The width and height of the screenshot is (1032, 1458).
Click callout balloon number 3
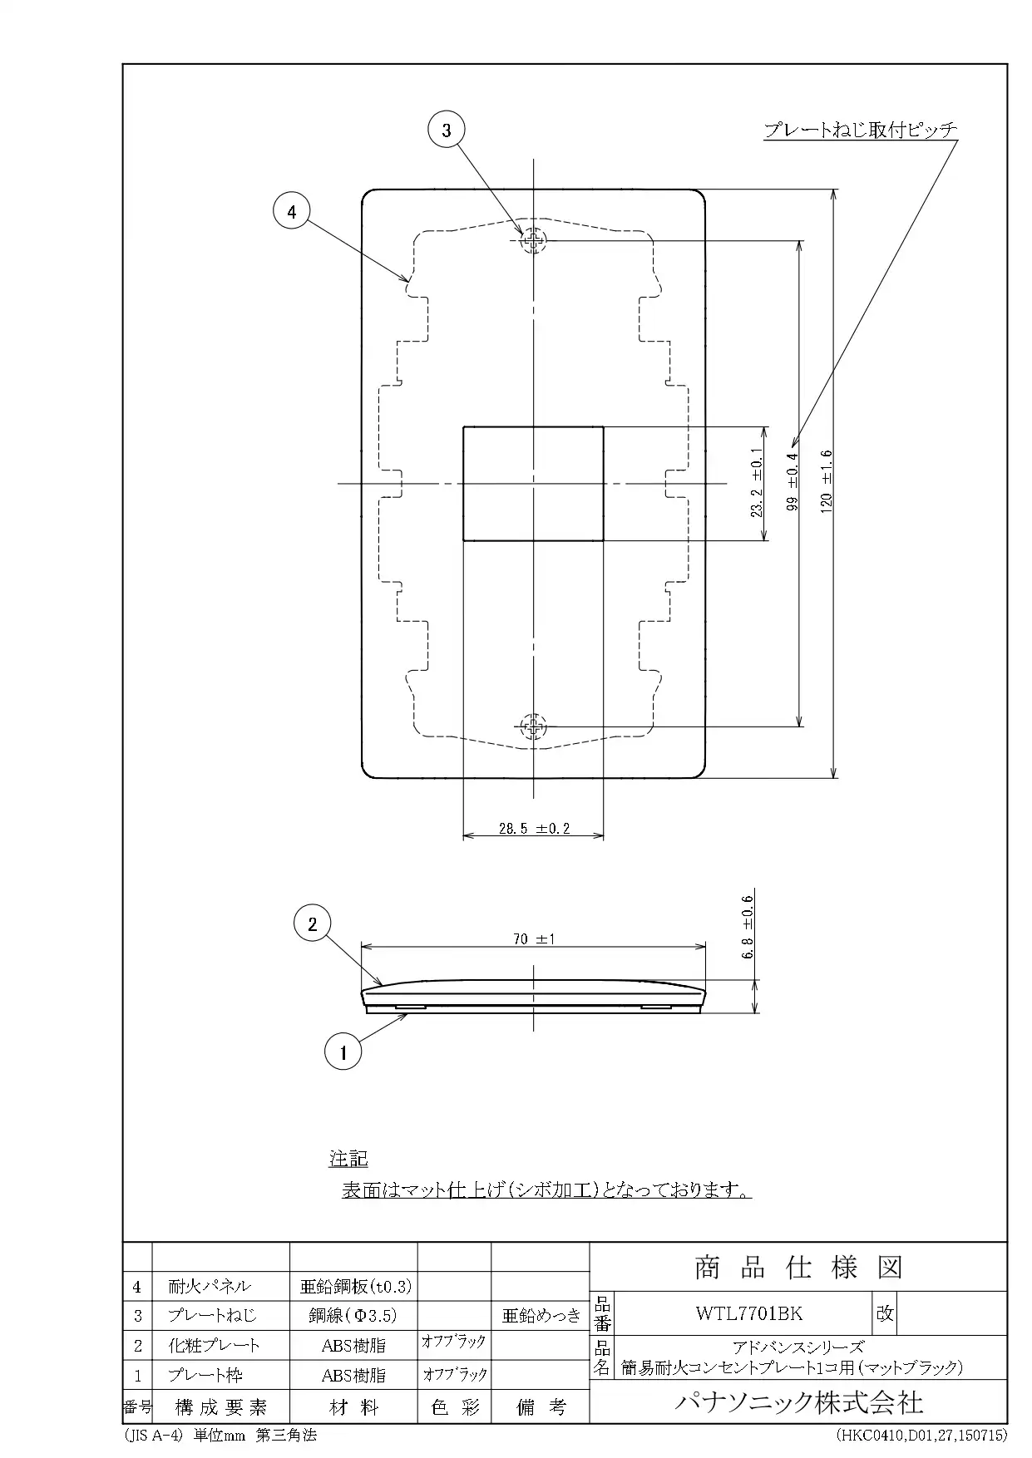pos(447,130)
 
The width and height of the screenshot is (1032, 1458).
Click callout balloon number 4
pos(291,212)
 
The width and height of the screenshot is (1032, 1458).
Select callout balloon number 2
pos(313,924)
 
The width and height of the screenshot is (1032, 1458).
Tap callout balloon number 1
pos(343,1053)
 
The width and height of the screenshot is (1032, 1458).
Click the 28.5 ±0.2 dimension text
pos(533,828)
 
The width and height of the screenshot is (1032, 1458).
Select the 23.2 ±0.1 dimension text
pos(756,483)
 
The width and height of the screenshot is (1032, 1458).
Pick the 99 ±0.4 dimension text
pos(792,482)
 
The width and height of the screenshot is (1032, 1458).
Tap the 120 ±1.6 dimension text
pos(826,482)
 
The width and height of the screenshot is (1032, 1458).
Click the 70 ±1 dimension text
pos(533,939)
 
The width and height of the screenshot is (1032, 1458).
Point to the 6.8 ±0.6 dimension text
pos(747,927)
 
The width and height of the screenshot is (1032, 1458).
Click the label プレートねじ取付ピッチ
pos(860,130)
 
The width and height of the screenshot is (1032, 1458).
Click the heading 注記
pos(348,1159)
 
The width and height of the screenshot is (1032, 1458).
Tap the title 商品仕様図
pos(797,1268)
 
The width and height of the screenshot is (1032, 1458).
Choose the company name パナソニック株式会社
pos(797,1402)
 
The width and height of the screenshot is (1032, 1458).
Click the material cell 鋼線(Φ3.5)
pos(353,1315)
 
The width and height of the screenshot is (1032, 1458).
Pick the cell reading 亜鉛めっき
pos(541,1315)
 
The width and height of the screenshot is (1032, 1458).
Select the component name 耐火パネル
pos(209,1286)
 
